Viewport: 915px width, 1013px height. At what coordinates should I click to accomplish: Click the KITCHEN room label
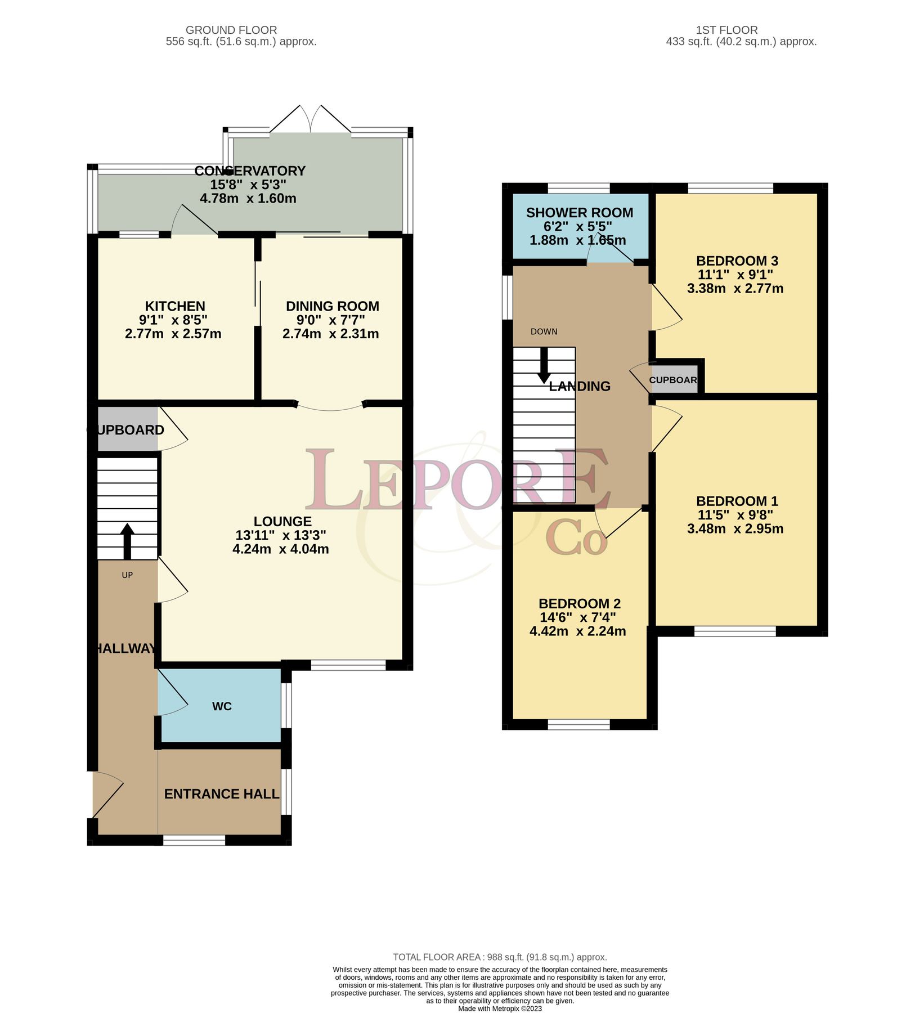[x=175, y=306]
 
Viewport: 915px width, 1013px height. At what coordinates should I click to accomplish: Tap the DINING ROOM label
[x=332, y=306]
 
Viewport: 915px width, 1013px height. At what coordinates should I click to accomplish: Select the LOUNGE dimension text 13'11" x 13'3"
[x=281, y=535]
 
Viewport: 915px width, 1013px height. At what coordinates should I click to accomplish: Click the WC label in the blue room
[x=222, y=706]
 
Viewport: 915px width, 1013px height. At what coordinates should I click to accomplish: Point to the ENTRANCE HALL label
[x=221, y=794]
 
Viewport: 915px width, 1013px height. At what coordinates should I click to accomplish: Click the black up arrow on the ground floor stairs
[x=127, y=540]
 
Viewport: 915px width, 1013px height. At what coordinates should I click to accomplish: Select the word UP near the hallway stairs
[x=127, y=575]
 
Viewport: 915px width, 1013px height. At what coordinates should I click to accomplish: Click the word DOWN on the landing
[x=544, y=331]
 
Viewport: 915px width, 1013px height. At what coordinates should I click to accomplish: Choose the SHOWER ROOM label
[x=579, y=213]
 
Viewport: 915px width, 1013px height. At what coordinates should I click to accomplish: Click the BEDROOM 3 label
[x=737, y=261]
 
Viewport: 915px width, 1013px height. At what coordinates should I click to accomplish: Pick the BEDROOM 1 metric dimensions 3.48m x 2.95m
[x=735, y=528]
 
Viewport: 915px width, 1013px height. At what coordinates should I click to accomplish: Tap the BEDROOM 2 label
[x=579, y=603]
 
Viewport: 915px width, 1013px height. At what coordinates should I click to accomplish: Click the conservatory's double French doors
[x=311, y=119]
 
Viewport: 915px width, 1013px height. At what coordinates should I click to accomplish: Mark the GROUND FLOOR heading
[x=231, y=30]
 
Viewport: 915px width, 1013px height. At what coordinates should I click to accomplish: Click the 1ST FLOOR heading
[x=726, y=30]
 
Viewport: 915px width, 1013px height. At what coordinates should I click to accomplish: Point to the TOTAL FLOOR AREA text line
[x=500, y=957]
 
